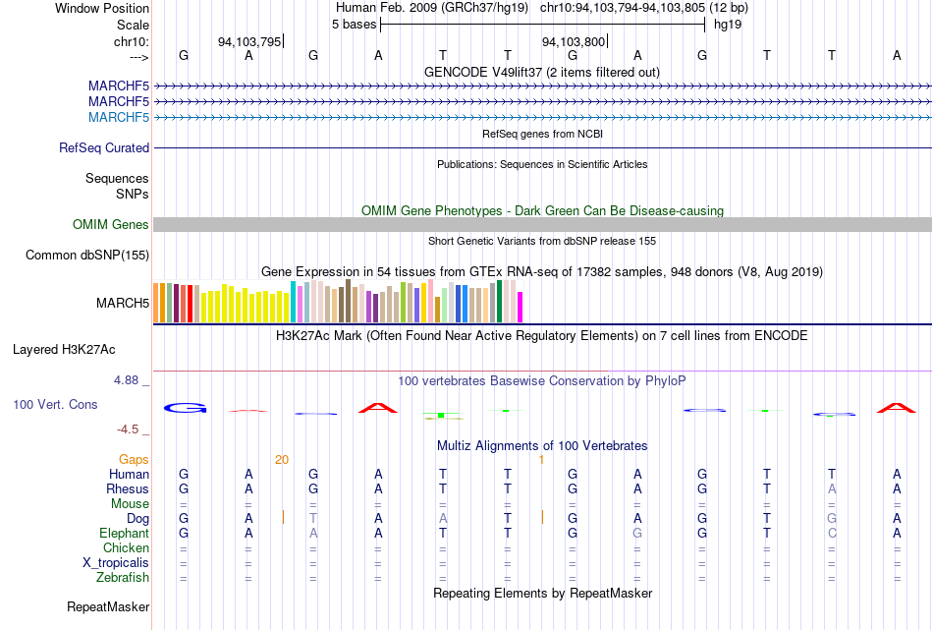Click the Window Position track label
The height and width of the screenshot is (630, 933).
pos(102,8)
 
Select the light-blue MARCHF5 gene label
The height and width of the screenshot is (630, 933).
pos(119,117)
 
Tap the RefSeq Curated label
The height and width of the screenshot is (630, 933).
pos(104,147)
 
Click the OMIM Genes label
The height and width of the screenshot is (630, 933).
pos(111,224)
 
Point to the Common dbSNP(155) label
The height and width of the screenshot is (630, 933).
pos(87,255)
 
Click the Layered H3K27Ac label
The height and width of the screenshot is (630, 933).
pos(64,350)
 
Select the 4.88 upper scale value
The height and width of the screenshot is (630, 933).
pos(126,380)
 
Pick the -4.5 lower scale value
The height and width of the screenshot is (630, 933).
pos(128,430)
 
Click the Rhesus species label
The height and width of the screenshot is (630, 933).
pos(128,488)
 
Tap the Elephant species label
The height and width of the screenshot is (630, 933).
pos(124,533)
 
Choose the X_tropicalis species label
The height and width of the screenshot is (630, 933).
pos(116,563)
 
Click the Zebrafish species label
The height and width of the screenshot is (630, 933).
pos(123,578)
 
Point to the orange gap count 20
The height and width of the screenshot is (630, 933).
pos(282,460)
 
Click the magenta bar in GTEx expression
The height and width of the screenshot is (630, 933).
pos(521,308)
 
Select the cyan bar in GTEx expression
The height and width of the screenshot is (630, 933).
pos(294,302)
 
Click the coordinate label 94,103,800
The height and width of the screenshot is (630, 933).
pos(573,41)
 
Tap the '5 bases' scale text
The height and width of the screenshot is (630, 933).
pos(354,25)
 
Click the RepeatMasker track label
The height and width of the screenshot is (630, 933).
pos(108,606)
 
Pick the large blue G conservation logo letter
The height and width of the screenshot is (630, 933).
pos(185,408)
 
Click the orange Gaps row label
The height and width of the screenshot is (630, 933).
pos(134,459)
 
